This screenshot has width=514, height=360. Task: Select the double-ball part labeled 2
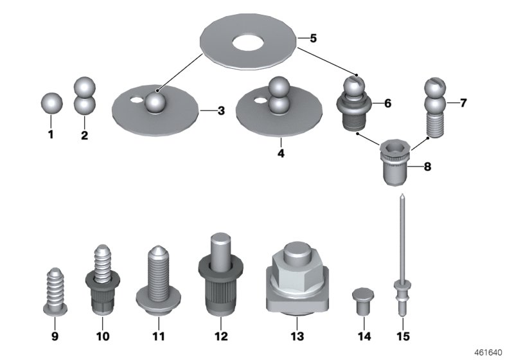tap(85, 96)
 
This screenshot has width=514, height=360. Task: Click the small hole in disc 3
tap(135, 100)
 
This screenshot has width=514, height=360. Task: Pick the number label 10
tap(102, 336)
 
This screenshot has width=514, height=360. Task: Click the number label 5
tap(313, 38)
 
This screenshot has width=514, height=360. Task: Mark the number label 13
tap(296, 336)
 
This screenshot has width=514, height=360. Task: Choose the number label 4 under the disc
tap(280, 154)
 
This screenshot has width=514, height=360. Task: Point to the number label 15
tap(402, 336)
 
